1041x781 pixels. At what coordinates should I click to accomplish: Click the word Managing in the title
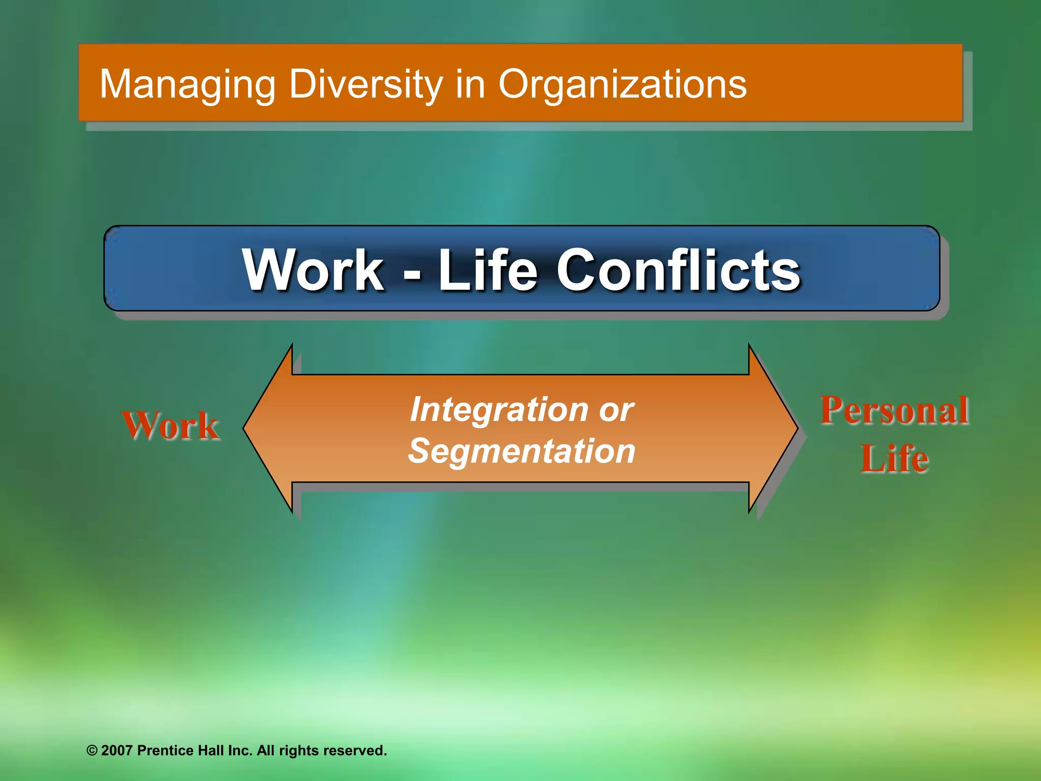point(187,84)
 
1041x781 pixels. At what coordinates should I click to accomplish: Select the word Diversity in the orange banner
point(366,84)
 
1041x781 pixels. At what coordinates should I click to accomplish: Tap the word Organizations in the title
point(622,84)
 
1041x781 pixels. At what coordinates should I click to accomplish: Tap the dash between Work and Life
point(412,275)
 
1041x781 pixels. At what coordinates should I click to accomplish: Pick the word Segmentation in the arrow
point(522,451)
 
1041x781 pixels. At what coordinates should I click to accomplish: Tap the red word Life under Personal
point(894,458)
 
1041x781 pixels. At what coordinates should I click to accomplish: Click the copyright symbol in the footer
point(92,750)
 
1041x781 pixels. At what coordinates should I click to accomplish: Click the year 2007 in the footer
point(117,750)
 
